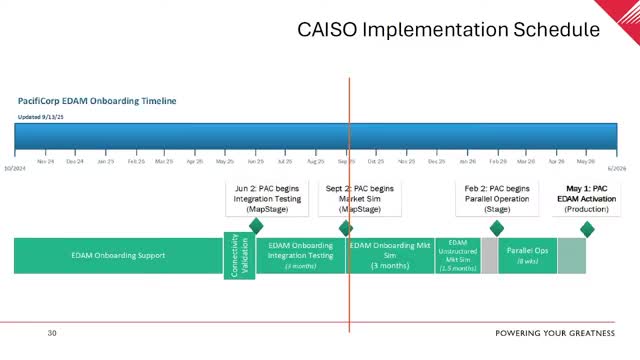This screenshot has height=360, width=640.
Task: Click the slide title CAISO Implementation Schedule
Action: [x=448, y=30]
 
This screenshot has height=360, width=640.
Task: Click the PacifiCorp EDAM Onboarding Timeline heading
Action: [x=97, y=101]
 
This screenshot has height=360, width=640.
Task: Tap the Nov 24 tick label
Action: [x=46, y=161]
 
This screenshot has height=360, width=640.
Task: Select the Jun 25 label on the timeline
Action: [x=255, y=161]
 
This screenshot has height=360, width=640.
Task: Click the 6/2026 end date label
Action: [x=616, y=168]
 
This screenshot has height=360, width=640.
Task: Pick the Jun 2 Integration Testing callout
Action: [x=261, y=199]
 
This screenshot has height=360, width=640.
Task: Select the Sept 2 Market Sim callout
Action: [x=360, y=199]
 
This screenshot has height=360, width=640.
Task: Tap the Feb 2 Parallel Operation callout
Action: [x=497, y=199]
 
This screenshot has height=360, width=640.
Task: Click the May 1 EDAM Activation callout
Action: [x=587, y=199]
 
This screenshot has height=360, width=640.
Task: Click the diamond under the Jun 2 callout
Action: [x=256, y=226]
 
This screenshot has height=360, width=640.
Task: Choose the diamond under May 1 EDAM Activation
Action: [x=587, y=229]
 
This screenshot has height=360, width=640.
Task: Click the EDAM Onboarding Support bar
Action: [x=118, y=255]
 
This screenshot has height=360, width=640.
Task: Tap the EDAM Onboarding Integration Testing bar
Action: [x=300, y=255]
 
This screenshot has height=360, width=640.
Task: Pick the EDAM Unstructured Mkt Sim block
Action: [x=458, y=255]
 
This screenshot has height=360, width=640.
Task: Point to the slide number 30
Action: [x=52, y=333]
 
